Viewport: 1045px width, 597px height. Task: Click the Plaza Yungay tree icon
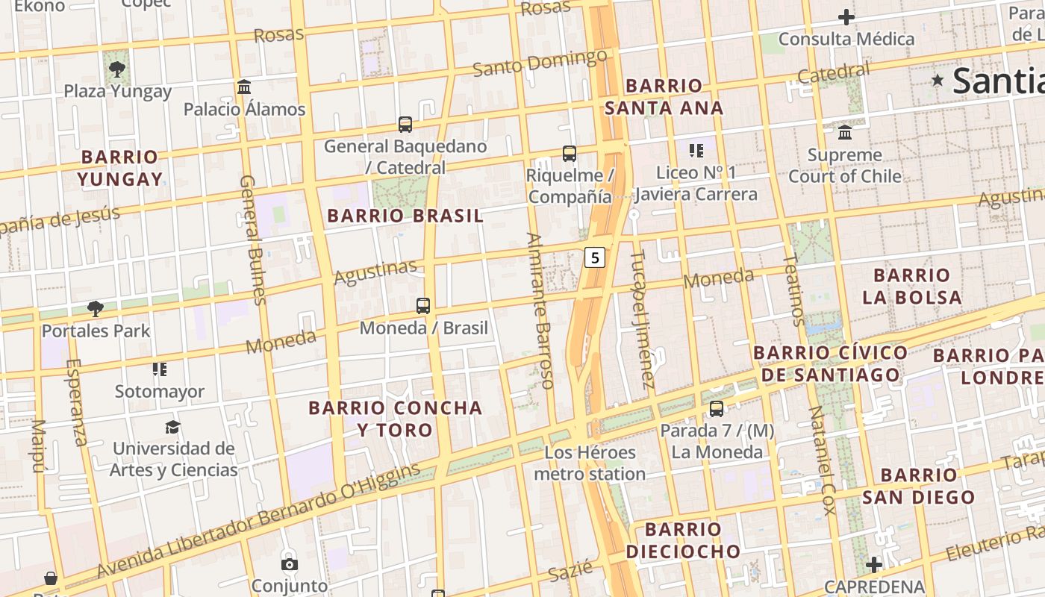coord(116,69)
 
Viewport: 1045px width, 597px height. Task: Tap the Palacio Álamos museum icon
coord(244,87)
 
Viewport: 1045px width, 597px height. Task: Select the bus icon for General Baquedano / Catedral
coord(405,125)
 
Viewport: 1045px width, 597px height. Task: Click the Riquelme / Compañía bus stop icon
coord(570,154)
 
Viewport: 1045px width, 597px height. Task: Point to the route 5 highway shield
coord(594,257)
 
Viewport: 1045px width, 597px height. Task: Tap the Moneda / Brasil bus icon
coord(423,306)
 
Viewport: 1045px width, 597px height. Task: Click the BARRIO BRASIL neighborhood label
coord(405,216)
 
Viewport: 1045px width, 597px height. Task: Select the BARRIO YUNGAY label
coord(119,168)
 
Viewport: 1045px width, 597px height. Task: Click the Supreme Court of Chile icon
coord(845,133)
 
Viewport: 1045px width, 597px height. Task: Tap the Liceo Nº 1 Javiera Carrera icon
coord(696,151)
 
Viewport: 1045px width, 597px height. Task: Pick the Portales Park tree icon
coord(96,309)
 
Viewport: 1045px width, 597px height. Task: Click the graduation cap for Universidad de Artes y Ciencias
coord(173,427)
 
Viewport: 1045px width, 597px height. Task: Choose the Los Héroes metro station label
coord(590,463)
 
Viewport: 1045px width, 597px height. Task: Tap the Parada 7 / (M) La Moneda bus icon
coord(717,409)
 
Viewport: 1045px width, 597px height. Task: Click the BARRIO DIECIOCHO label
coord(683,541)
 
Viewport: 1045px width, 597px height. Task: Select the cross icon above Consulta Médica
coord(846,17)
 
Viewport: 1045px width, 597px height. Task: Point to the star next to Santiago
coord(938,79)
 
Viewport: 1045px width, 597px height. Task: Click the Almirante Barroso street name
coord(540,310)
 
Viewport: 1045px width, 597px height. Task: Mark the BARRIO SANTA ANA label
coord(664,97)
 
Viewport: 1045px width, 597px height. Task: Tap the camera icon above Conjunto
coord(290,564)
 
